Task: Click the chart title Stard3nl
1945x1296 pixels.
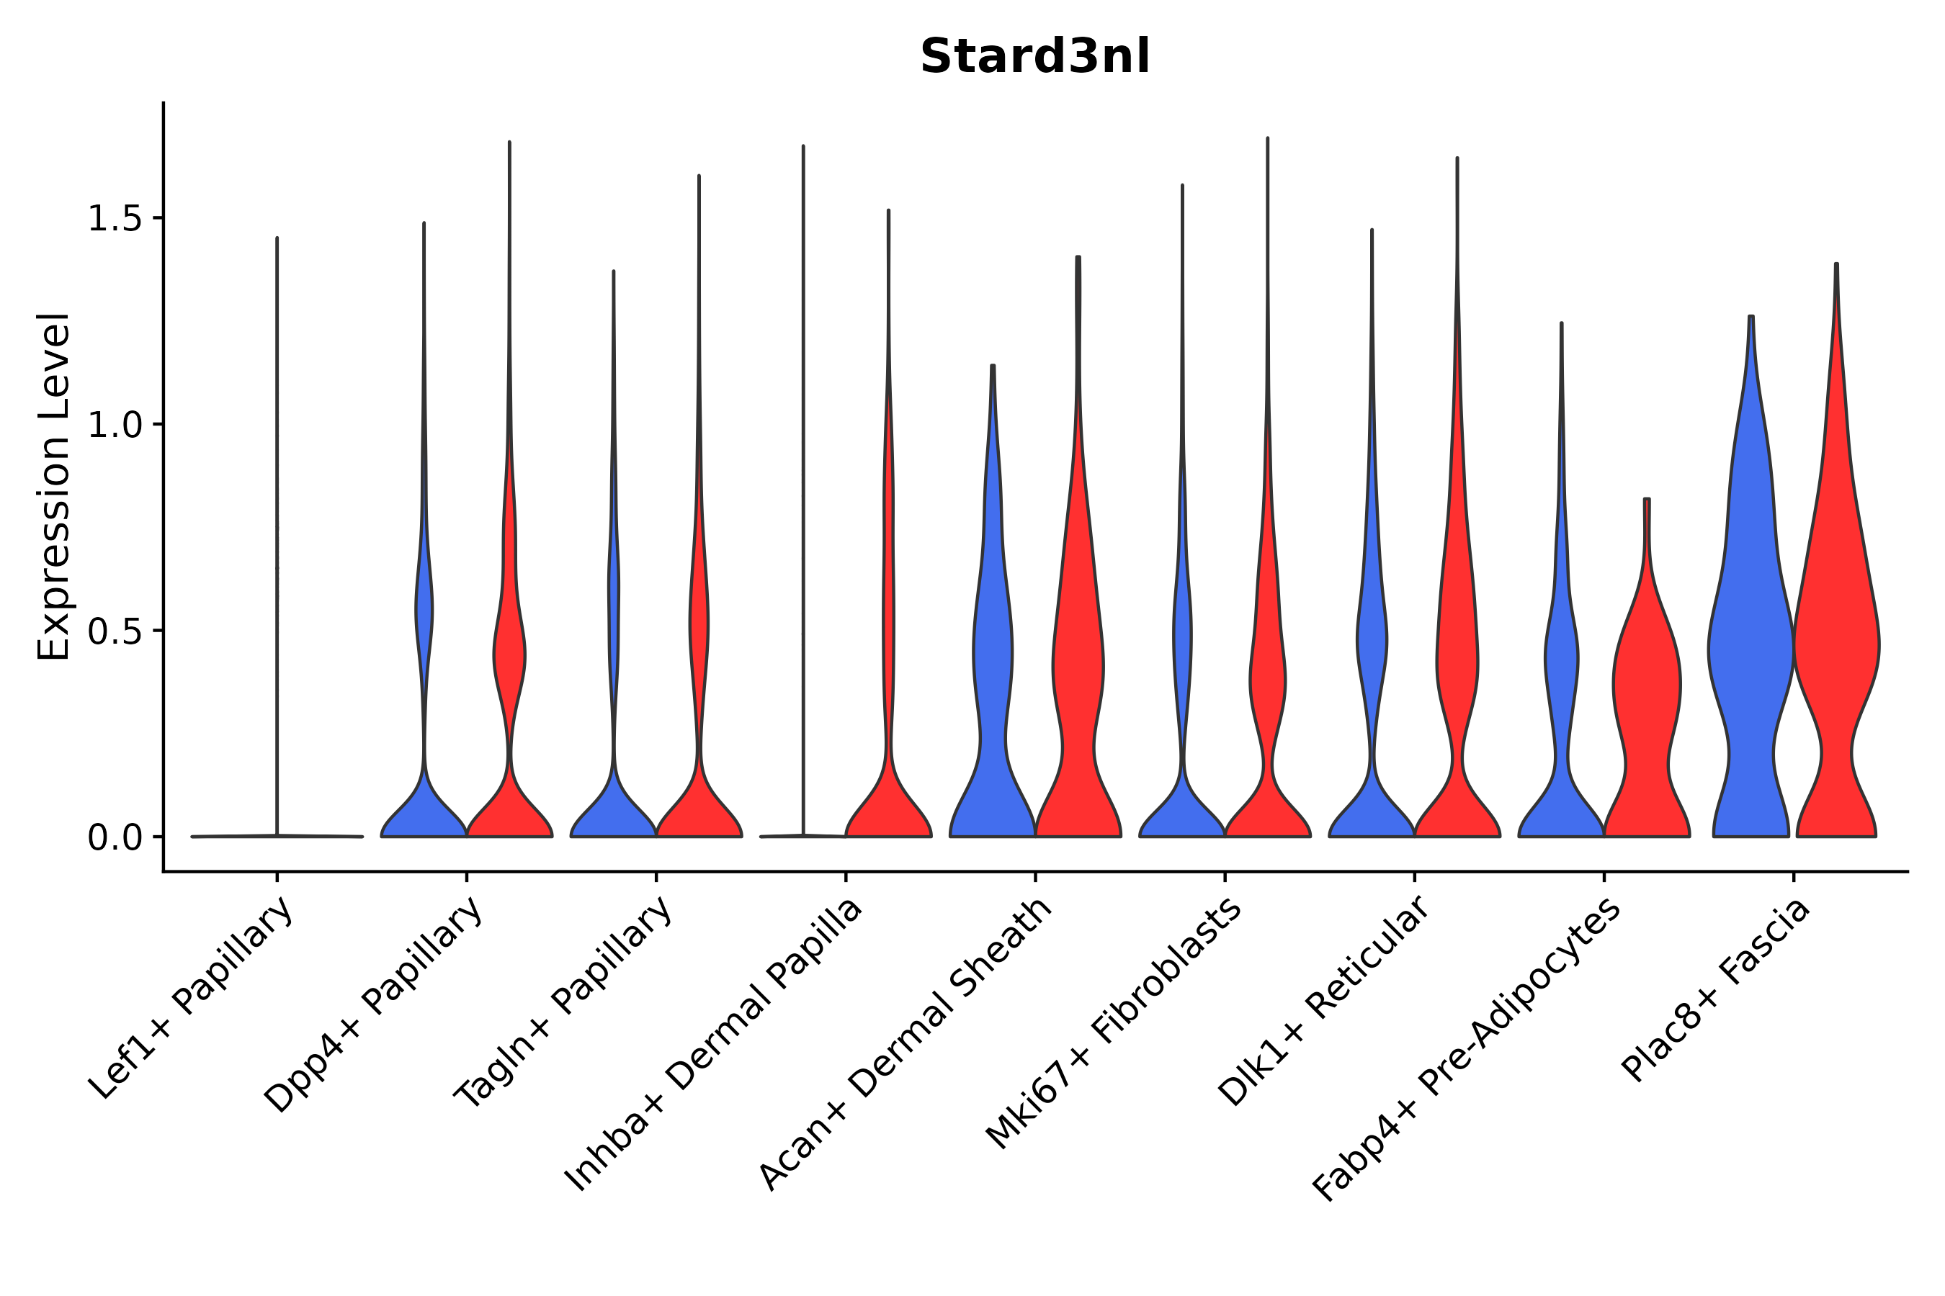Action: click(x=1034, y=57)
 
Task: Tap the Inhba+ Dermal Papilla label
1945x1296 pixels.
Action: click(x=714, y=1045)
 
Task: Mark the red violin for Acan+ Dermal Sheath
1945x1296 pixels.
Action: click(x=1078, y=661)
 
